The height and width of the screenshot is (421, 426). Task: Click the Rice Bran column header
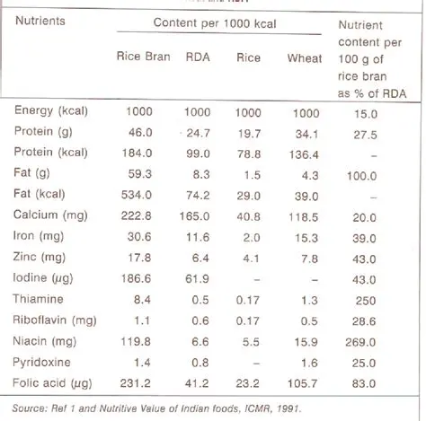[142, 58]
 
